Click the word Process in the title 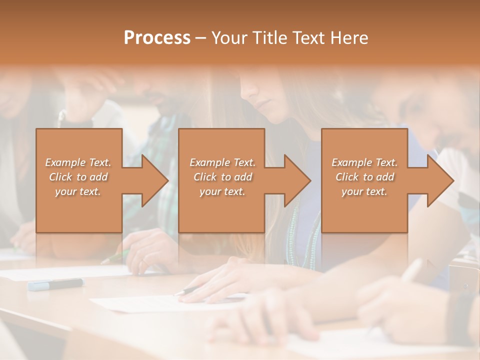[x=157, y=37]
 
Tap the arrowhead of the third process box [x=440, y=180]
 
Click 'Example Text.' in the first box [x=78, y=162]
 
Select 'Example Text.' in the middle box [x=222, y=162]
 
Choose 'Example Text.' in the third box [x=364, y=162]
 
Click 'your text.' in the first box [x=78, y=191]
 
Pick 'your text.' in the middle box [x=222, y=191]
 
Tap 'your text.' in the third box [x=364, y=191]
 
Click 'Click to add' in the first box [x=78, y=177]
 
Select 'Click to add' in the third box [x=364, y=177]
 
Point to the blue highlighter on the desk [x=55, y=284]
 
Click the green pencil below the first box [x=115, y=257]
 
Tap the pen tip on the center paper [x=177, y=293]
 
